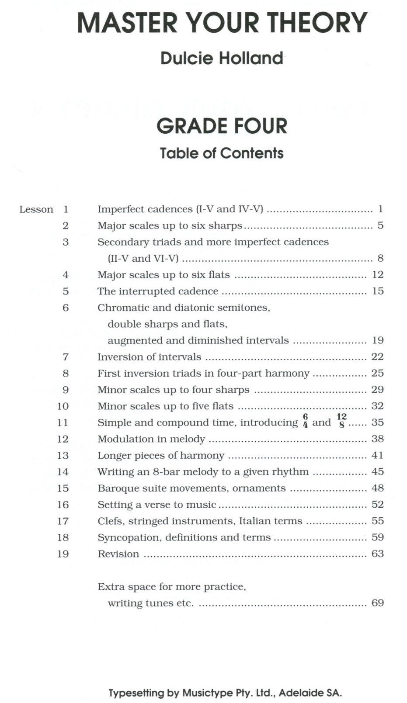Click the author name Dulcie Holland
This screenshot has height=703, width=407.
[x=222, y=58]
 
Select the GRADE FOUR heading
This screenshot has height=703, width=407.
[x=222, y=126]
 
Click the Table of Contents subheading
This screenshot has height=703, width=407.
[x=222, y=153]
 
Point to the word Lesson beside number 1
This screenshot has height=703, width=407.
[x=36, y=210]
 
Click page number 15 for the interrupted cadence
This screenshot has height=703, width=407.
[x=377, y=291]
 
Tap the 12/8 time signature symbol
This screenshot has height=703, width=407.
[x=341, y=420]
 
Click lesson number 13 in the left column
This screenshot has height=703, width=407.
[x=63, y=456]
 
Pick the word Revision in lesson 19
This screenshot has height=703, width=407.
[x=118, y=554]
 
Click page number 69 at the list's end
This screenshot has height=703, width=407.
[x=377, y=603]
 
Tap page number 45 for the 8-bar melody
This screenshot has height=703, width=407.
[x=377, y=472]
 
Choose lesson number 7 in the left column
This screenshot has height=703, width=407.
[x=66, y=357]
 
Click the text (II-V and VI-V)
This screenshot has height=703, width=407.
[x=143, y=259]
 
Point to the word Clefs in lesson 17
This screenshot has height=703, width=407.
[x=110, y=521]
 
